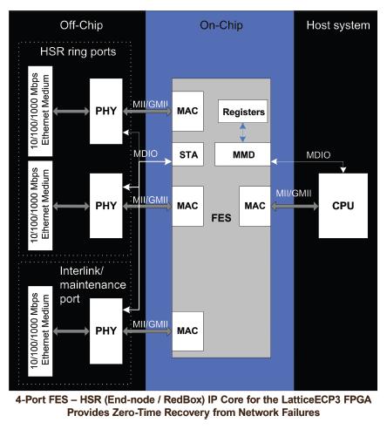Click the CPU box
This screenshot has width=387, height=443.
click(343, 206)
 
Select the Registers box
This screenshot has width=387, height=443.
click(243, 112)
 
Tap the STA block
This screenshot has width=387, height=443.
click(188, 154)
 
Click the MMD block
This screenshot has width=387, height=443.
click(242, 154)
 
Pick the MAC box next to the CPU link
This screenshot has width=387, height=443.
click(255, 206)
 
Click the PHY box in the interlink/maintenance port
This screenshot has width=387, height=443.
click(106, 331)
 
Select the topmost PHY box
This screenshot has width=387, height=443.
click(106, 111)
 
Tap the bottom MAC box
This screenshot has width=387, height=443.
click(187, 331)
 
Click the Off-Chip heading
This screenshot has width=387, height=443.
click(81, 25)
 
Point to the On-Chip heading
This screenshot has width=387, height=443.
click(221, 25)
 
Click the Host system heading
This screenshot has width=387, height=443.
click(338, 25)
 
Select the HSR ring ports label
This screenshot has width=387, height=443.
click(78, 51)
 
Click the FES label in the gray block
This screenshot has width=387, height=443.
click(221, 218)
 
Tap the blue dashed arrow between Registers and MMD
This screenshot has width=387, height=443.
click(242, 133)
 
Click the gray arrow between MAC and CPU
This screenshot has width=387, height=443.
click(295, 206)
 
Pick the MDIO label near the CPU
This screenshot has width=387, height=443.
click(318, 155)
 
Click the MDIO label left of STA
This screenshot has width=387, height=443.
click(146, 153)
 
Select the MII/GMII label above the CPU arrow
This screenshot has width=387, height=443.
click(294, 194)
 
